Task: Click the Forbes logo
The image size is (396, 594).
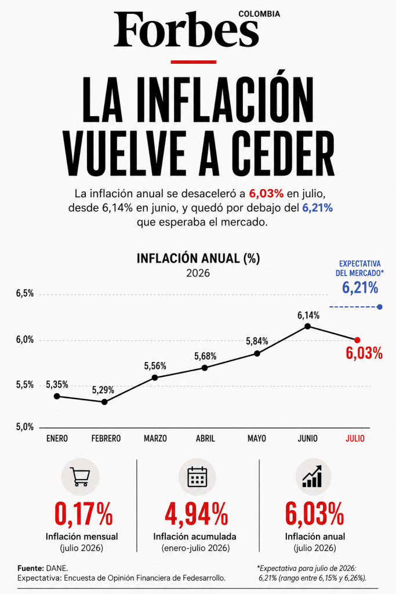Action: point(186,29)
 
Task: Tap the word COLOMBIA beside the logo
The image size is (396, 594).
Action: point(259,14)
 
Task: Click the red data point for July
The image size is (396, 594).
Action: point(357,340)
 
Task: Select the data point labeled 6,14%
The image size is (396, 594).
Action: point(308,326)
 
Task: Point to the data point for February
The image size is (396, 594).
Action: point(104,402)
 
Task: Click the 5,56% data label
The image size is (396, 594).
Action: point(155,366)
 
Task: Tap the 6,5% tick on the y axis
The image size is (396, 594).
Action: point(24,294)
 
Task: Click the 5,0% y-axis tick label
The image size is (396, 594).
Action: point(24,428)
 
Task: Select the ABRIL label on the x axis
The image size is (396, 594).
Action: point(205,439)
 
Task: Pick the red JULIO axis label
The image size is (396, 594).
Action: point(355,439)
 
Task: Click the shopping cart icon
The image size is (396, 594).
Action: point(80,477)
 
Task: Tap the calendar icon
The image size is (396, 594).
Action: point(197,477)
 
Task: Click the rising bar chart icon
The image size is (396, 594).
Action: point(313,476)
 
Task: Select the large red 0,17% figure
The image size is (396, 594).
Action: point(83,514)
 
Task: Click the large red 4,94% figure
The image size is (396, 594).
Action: point(197,514)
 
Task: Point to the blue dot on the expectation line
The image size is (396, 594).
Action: point(380,307)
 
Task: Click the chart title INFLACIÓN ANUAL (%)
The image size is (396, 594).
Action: point(198,258)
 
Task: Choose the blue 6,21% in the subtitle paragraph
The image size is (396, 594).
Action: point(317,208)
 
